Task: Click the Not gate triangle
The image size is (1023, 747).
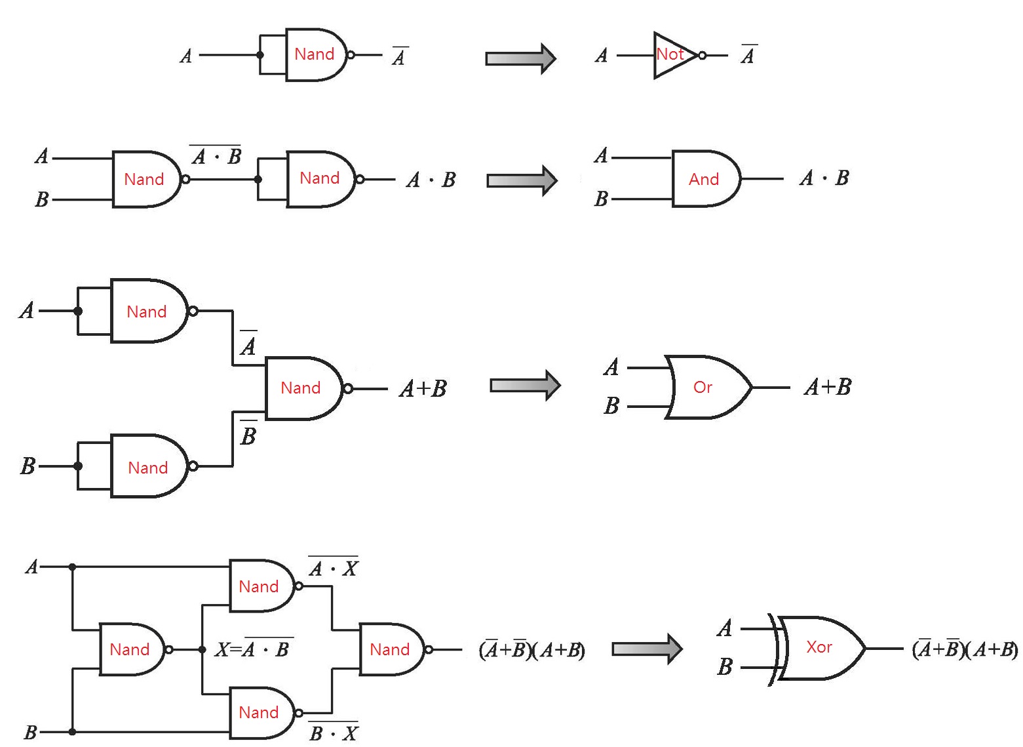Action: pos(672,55)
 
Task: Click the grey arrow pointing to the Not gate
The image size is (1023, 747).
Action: pos(520,58)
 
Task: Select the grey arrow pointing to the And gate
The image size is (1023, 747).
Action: pos(522,180)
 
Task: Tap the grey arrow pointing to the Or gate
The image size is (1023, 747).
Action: pos(525,385)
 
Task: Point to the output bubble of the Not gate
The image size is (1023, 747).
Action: pos(703,56)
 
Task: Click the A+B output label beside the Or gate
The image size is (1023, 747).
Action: pos(827,387)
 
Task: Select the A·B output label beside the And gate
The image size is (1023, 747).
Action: pos(824,178)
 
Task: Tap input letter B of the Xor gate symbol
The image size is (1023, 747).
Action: pos(724,667)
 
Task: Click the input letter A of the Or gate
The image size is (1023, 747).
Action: pos(611,367)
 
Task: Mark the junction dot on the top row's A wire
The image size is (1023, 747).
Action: pos(260,55)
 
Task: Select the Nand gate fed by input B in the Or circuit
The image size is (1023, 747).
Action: pos(149,466)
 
